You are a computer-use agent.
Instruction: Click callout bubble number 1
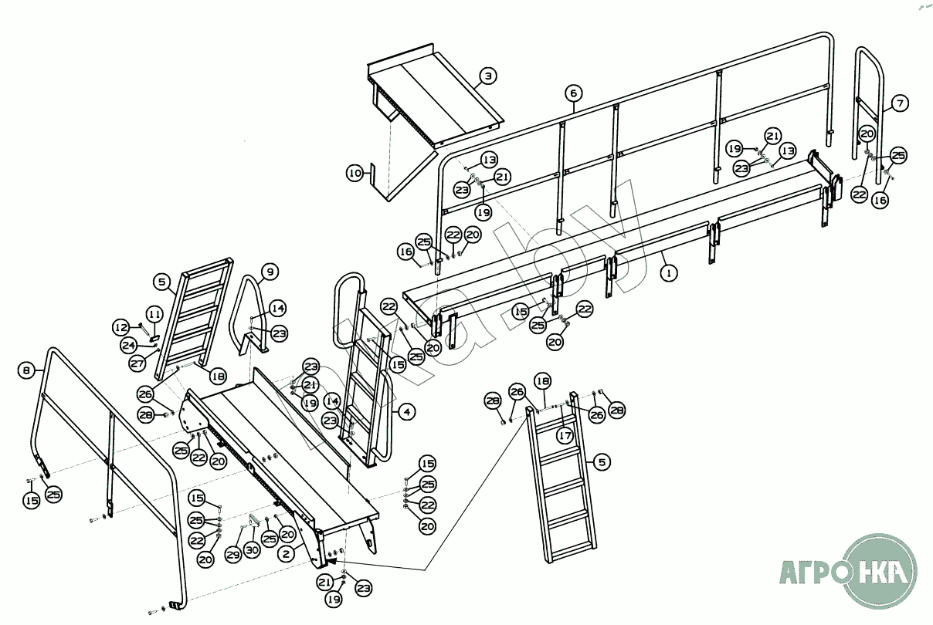669,272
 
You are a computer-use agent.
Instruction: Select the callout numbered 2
286,552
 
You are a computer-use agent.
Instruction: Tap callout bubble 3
487,76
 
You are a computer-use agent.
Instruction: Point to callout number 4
406,412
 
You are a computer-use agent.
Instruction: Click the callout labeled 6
572,93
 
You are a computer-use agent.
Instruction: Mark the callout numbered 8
27,370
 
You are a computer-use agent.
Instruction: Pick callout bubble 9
269,272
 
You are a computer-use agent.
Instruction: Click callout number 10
354,174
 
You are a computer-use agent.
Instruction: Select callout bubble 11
155,314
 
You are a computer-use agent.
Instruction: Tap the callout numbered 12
121,326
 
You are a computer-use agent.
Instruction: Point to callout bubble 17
565,436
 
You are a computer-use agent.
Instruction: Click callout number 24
129,345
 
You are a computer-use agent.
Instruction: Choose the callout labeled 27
137,363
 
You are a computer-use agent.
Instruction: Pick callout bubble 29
232,554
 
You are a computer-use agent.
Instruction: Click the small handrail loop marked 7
869,116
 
